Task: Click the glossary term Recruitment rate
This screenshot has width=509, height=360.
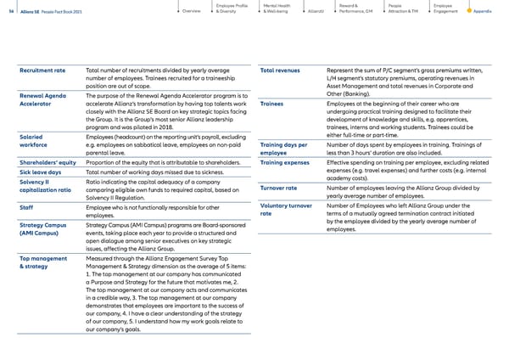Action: tap(42, 70)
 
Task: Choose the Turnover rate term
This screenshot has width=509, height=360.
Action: tap(278, 188)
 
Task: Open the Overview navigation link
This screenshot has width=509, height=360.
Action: tap(191, 11)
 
